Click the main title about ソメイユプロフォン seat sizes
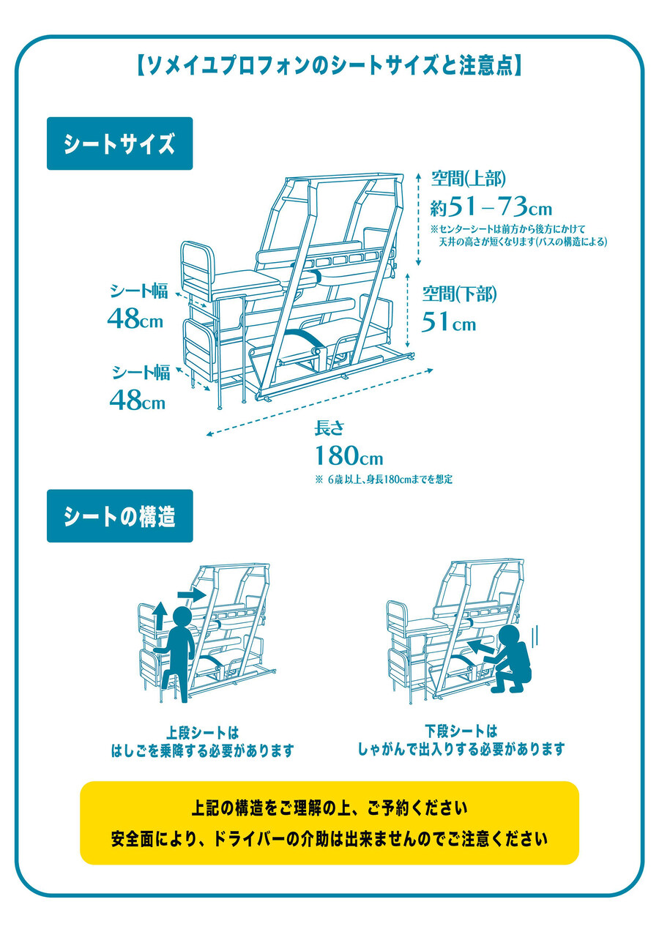pyautogui.click(x=329, y=66)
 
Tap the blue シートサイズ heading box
pyautogui.click(x=119, y=144)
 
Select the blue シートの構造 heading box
pyautogui.click(x=119, y=516)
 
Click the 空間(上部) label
pyautogui.click(x=468, y=179)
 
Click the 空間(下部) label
pyautogui.click(x=459, y=295)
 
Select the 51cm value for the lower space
pyautogui.click(x=448, y=322)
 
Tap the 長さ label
pyautogui.click(x=329, y=428)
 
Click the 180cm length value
pyautogui.click(x=349, y=457)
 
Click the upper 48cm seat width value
pyautogui.click(x=135, y=318)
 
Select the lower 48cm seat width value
pyautogui.click(x=137, y=400)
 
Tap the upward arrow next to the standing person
pyautogui.click(x=159, y=614)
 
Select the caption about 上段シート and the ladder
pyautogui.click(x=202, y=741)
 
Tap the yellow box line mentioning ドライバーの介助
pyautogui.click(x=329, y=836)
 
